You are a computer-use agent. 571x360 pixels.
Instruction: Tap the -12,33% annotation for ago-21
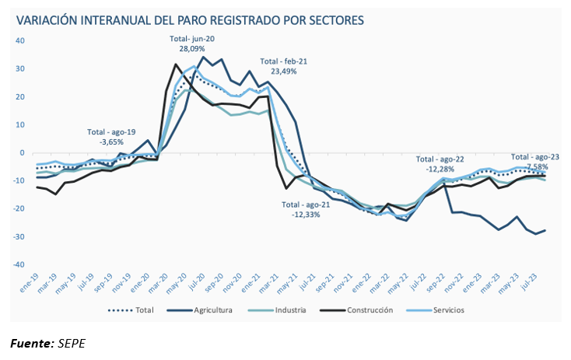click(304, 215)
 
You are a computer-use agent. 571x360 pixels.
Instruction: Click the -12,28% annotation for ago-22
click(440, 169)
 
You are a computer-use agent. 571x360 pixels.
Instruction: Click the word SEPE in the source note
click(72, 343)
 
